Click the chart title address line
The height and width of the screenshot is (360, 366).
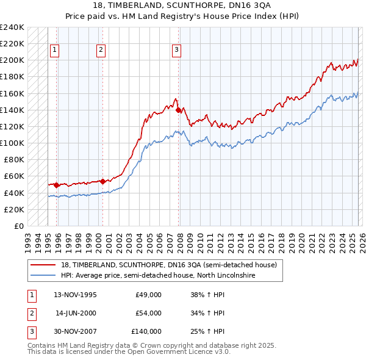(182, 5)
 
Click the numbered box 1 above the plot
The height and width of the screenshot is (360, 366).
(55, 51)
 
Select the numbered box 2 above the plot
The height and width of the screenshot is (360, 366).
(101, 51)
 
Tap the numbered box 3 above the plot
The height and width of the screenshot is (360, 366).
(176, 51)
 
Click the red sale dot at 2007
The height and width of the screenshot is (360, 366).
(178, 110)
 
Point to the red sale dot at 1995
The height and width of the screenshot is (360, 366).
(57, 185)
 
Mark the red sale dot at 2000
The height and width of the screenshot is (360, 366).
(102, 181)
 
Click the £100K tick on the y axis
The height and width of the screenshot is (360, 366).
(12, 143)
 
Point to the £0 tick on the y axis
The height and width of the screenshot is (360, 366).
(19, 226)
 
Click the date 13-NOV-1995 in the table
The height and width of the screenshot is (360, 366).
(75, 295)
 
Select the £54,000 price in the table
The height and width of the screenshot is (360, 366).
(148, 313)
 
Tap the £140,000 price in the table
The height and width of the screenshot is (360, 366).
(146, 331)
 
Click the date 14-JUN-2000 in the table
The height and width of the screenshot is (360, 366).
(76, 313)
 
